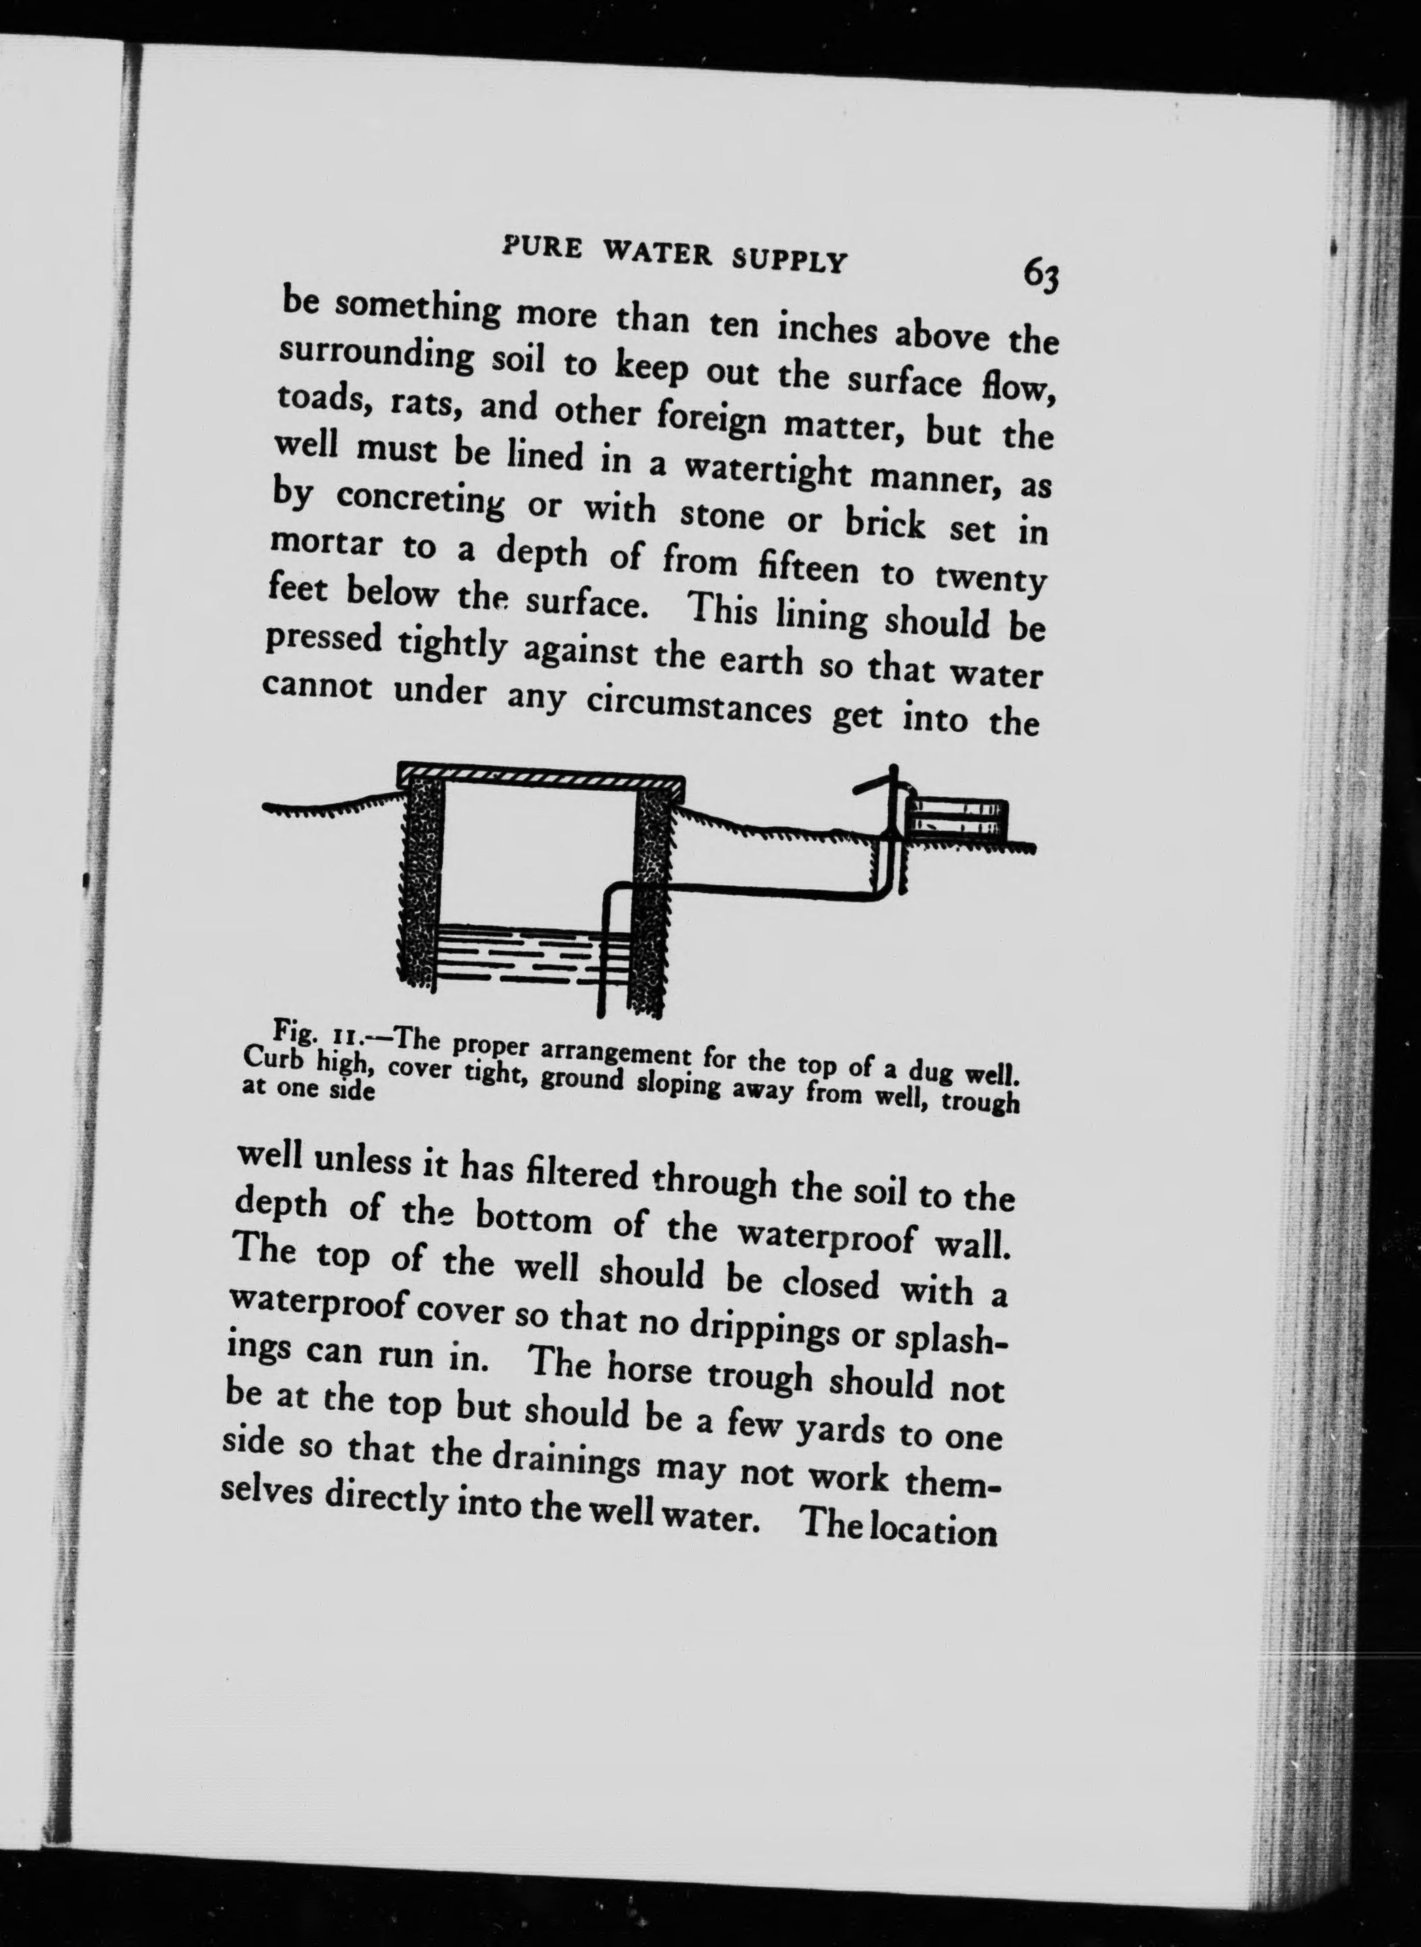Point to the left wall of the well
(x=420, y=886)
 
